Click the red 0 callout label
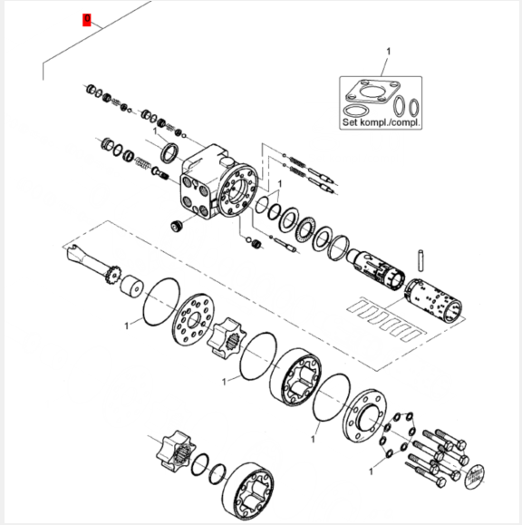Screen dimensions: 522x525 (x=87, y=20)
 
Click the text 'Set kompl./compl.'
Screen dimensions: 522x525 (x=381, y=122)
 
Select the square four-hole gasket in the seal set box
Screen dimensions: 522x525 (x=372, y=92)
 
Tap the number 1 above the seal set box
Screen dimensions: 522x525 (x=388, y=52)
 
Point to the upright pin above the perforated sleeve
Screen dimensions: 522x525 (x=420, y=260)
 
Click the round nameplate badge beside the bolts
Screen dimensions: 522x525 (x=475, y=476)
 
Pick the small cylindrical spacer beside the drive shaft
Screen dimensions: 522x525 (x=131, y=287)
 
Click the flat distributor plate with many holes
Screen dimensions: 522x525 (x=194, y=319)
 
